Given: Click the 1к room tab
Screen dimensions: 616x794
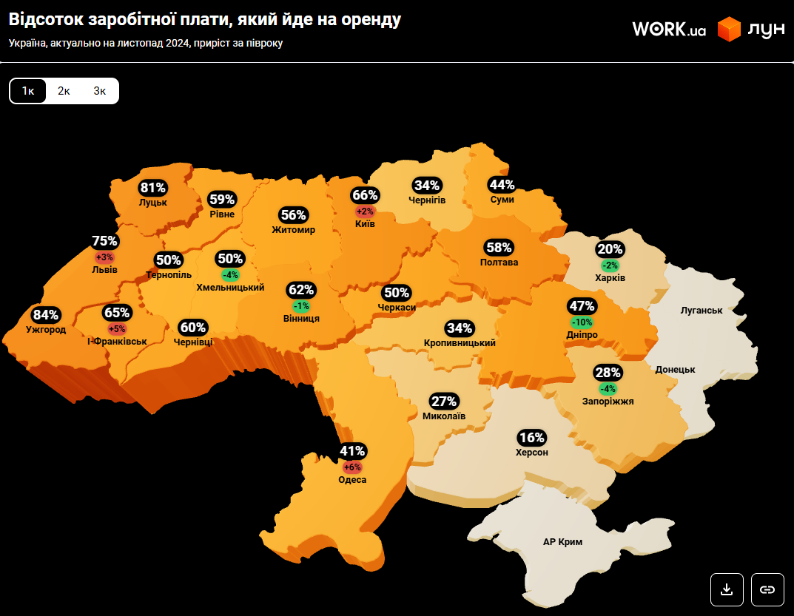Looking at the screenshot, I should (28, 91).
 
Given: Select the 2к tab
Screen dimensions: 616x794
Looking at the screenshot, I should (64, 91).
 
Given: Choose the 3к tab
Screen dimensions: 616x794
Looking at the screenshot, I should (100, 91).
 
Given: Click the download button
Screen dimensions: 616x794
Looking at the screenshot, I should (727, 589).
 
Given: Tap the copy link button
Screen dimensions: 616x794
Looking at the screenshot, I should (767, 589).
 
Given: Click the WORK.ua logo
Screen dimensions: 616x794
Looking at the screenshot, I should (668, 30).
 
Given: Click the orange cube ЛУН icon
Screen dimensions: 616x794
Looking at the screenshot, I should (730, 30).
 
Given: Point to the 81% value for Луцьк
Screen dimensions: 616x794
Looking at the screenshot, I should (153, 188).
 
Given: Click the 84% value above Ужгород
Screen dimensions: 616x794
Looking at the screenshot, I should (46, 315).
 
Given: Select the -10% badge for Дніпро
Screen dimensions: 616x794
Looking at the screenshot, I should (582, 322).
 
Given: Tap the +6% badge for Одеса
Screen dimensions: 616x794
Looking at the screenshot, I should (352, 467).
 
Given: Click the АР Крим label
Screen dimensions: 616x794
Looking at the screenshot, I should (562, 542).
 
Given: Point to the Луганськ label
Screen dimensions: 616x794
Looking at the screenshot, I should (701, 311).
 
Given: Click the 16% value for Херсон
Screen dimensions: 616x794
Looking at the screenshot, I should (531, 438).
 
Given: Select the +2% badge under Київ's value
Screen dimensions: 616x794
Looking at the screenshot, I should (365, 211).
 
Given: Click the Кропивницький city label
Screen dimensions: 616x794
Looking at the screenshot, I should (460, 343).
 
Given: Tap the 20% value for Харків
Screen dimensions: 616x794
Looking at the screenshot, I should (610, 249).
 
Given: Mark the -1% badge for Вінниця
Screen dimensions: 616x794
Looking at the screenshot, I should (301, 306).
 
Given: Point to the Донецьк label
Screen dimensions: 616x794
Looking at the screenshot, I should (675, 369).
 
